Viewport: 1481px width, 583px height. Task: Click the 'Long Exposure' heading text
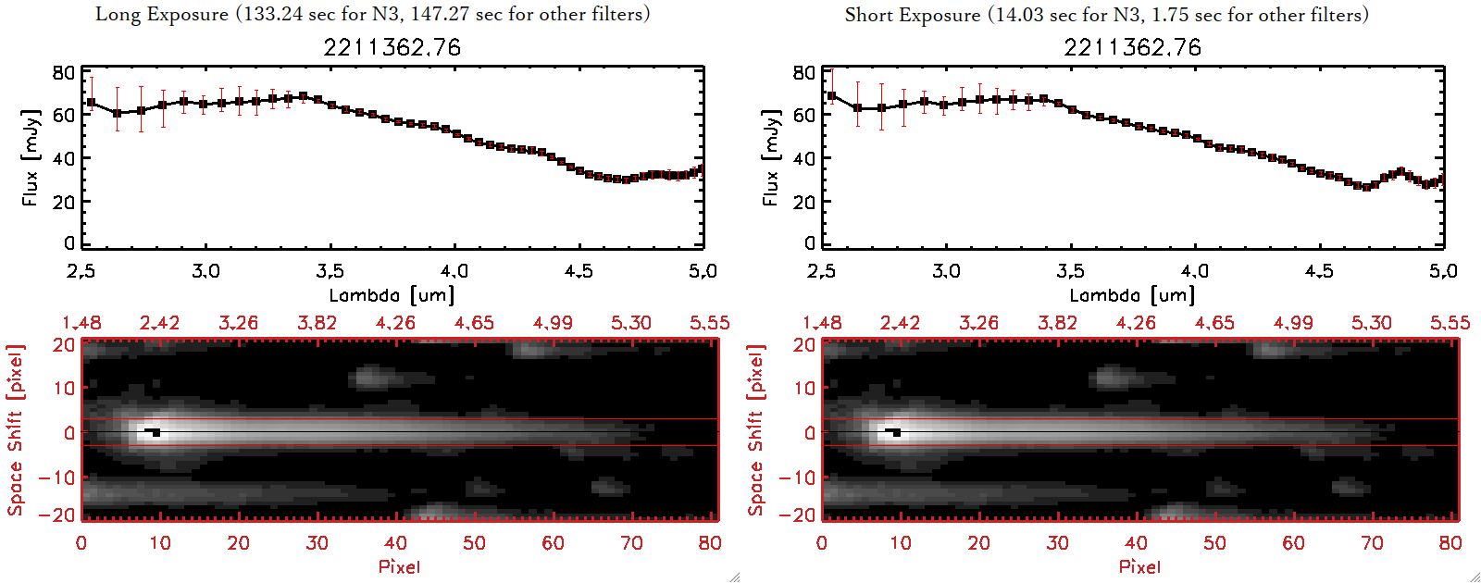tap(162, 14)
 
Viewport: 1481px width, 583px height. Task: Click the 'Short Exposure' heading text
tap(912, 15)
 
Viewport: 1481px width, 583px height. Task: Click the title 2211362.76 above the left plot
tap(392, 47)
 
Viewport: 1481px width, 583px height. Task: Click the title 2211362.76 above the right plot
tap(1132, 47)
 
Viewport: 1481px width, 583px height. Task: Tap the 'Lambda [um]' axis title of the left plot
tap(392, 295)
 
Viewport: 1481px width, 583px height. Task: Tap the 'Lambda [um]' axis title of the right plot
tap(1132, 295)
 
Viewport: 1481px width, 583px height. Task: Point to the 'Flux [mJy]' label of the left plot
tap(31, 157)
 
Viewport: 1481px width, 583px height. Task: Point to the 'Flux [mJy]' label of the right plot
tap(771, 157)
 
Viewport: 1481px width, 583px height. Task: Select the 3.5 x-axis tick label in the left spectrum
tap(330, 271)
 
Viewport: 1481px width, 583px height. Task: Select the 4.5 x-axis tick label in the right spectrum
tap(1319, 271)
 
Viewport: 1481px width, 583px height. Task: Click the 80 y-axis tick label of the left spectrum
tap(63, 73)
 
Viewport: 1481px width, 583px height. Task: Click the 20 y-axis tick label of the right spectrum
tap(803, 202)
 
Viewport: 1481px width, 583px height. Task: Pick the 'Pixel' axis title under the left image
tap(399, 566)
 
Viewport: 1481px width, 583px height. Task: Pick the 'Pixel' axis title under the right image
tap(1139, 566)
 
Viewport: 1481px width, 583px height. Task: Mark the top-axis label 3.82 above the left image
tap(317, 323)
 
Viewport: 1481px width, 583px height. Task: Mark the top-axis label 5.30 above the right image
tap(1371, 323)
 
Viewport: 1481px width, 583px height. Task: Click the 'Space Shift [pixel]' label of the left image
tap(15, 430)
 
